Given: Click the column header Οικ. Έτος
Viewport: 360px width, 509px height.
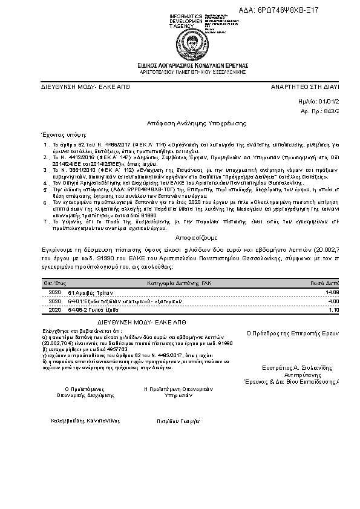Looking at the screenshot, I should (54, 283).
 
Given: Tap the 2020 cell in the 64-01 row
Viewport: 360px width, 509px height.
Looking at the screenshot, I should (54, 301).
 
